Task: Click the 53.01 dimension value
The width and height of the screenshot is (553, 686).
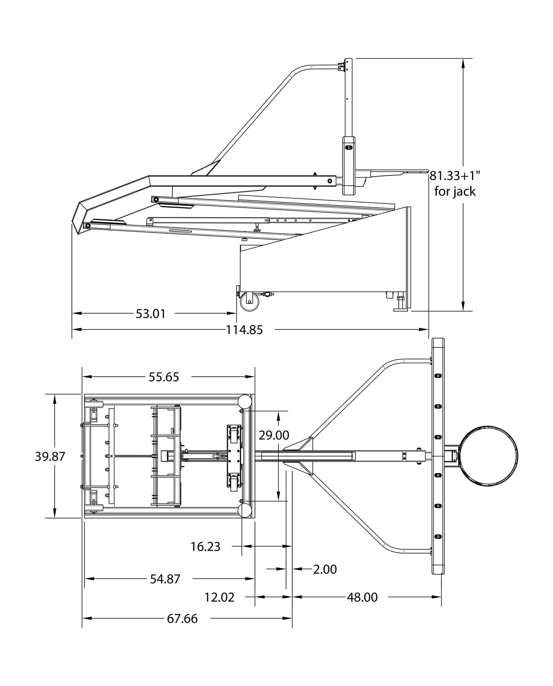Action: point(151,314)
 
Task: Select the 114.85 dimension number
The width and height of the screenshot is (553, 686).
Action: point(244,330)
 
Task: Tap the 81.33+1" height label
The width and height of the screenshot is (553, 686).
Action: point(455,176)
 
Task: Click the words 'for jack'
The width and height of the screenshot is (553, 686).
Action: point(455,191)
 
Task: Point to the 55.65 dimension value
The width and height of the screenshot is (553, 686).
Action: point(164,377)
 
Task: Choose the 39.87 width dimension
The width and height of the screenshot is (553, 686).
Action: point(50,457)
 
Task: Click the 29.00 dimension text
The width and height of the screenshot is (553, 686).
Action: point(274,435)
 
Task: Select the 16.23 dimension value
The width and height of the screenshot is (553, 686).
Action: point(205,547)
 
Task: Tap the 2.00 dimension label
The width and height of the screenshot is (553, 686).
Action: point(325,569)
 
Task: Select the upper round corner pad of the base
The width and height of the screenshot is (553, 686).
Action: point(244,401)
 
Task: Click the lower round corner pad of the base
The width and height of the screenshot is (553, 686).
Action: point(244,510)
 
